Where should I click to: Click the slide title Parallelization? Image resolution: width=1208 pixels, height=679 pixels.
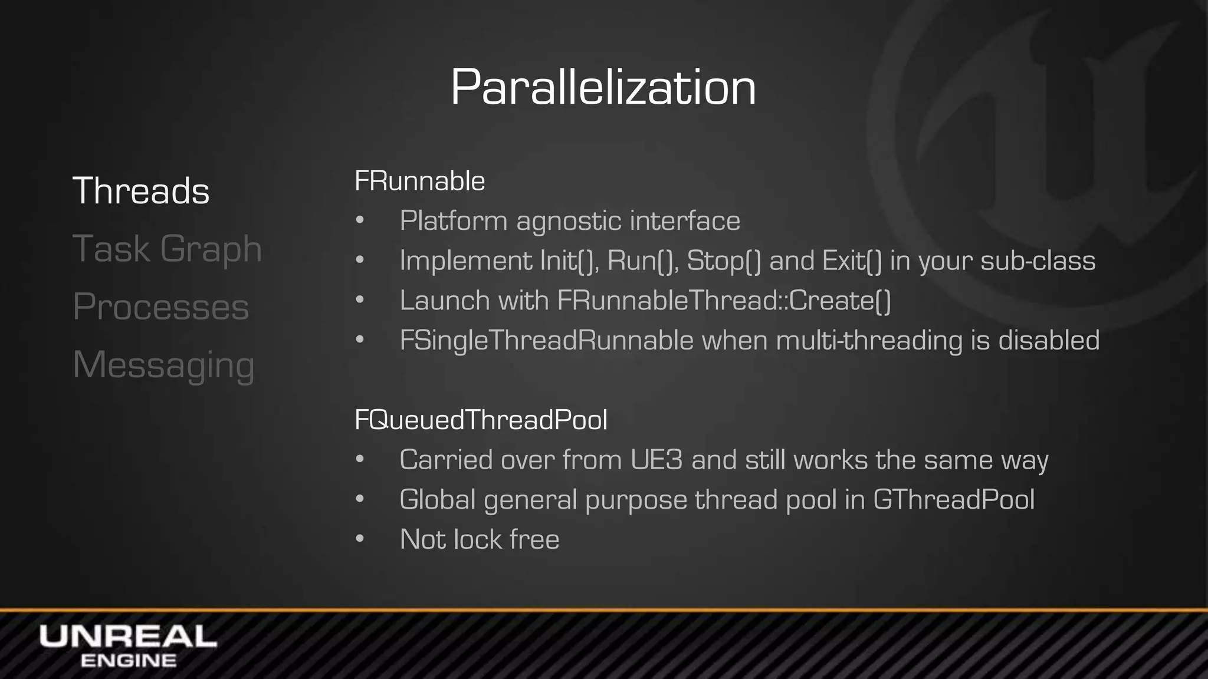tap(603, 87)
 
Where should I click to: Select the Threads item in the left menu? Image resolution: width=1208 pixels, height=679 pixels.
tap(141, 191)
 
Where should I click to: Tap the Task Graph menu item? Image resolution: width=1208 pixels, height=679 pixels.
tap(167, 249)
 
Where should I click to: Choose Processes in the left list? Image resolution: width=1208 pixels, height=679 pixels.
tap(160, 306)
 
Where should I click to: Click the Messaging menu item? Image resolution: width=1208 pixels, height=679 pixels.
tap(163, 365)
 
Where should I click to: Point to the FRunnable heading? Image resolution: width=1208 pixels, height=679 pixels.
tap(419, 181)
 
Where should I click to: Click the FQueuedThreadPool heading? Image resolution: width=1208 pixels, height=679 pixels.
tap(481, 420)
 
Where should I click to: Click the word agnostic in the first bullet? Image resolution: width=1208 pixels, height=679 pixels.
tap(569, 221)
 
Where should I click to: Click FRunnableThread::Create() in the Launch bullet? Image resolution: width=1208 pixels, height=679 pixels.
tap(724, 301)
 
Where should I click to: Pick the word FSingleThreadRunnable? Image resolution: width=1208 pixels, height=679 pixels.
tap(546, 340)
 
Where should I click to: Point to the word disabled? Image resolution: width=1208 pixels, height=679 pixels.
tap(1049, 340)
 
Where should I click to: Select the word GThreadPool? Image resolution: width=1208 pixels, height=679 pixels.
tap(953, 500)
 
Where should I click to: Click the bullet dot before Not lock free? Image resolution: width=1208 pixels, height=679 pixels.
tap(360, 539)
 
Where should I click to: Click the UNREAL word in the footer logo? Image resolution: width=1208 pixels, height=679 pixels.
tap(128, 637)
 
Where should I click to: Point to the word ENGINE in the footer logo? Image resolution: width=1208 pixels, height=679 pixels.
tap(128, 661)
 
